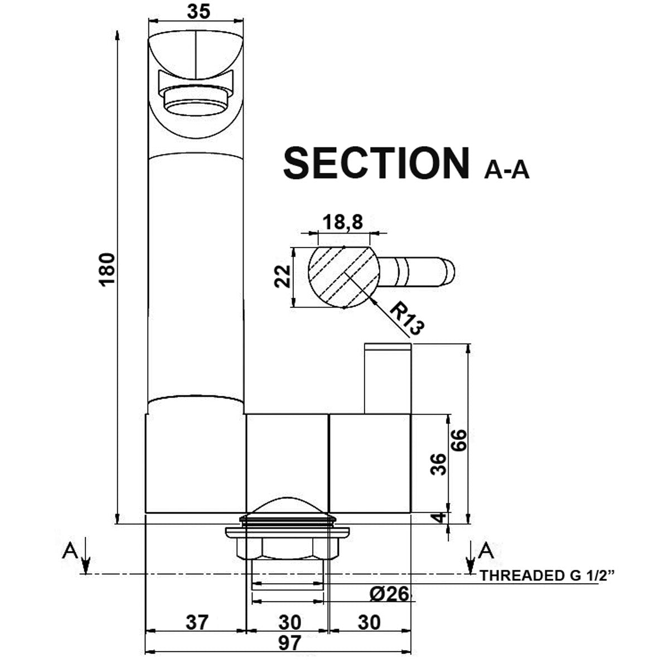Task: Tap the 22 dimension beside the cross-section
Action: [x=284, y=276]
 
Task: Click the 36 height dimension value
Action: [x=440, y=464]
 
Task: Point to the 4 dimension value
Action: [x=440, y=517]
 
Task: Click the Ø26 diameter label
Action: [x=389, y=594]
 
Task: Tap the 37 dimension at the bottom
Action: [x=197, y=622]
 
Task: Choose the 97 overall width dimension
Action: [x=288, y=643]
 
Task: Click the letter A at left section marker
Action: [x=70, y=551]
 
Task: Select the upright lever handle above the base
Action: [x=387, y=379]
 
